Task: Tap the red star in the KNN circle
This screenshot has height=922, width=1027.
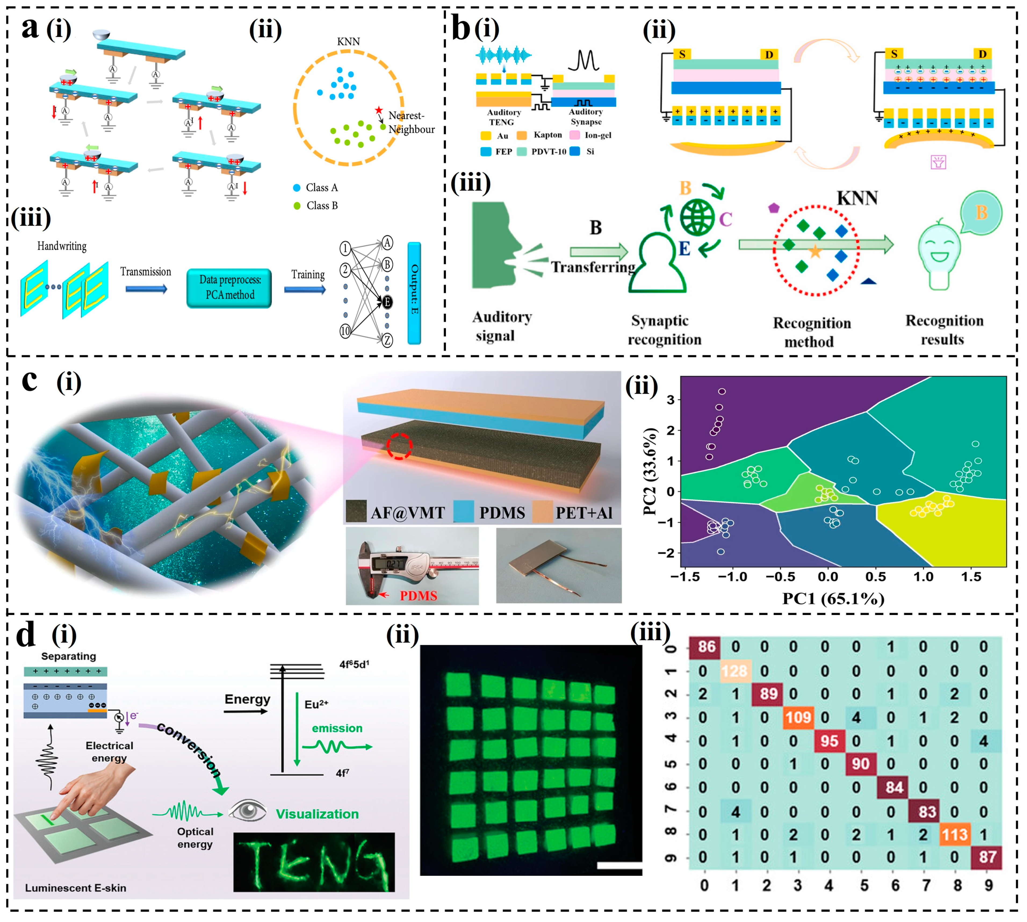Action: coord(379,110)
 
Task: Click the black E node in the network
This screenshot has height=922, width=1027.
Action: coord(387,302)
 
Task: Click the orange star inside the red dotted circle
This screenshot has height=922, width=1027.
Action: coord(815,251)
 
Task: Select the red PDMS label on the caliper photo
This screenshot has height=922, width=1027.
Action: coord(418,596)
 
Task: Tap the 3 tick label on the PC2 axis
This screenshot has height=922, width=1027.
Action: coord(670,400)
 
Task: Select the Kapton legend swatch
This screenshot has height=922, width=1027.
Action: coord(521,135)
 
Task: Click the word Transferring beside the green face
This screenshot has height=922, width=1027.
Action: coord(593,267)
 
